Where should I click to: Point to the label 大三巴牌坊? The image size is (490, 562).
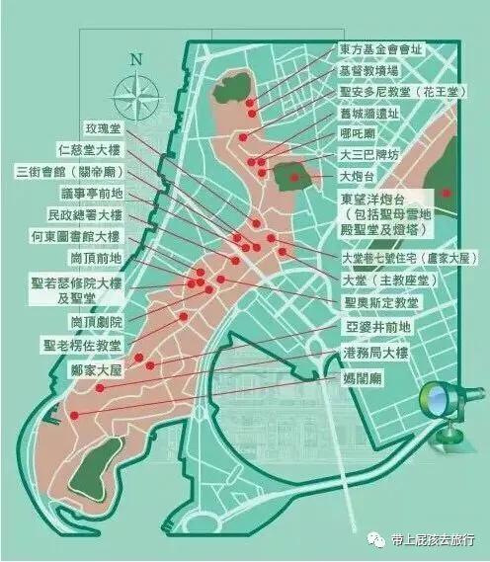[366, 156]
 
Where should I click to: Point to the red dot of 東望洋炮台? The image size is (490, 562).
[447, 194]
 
